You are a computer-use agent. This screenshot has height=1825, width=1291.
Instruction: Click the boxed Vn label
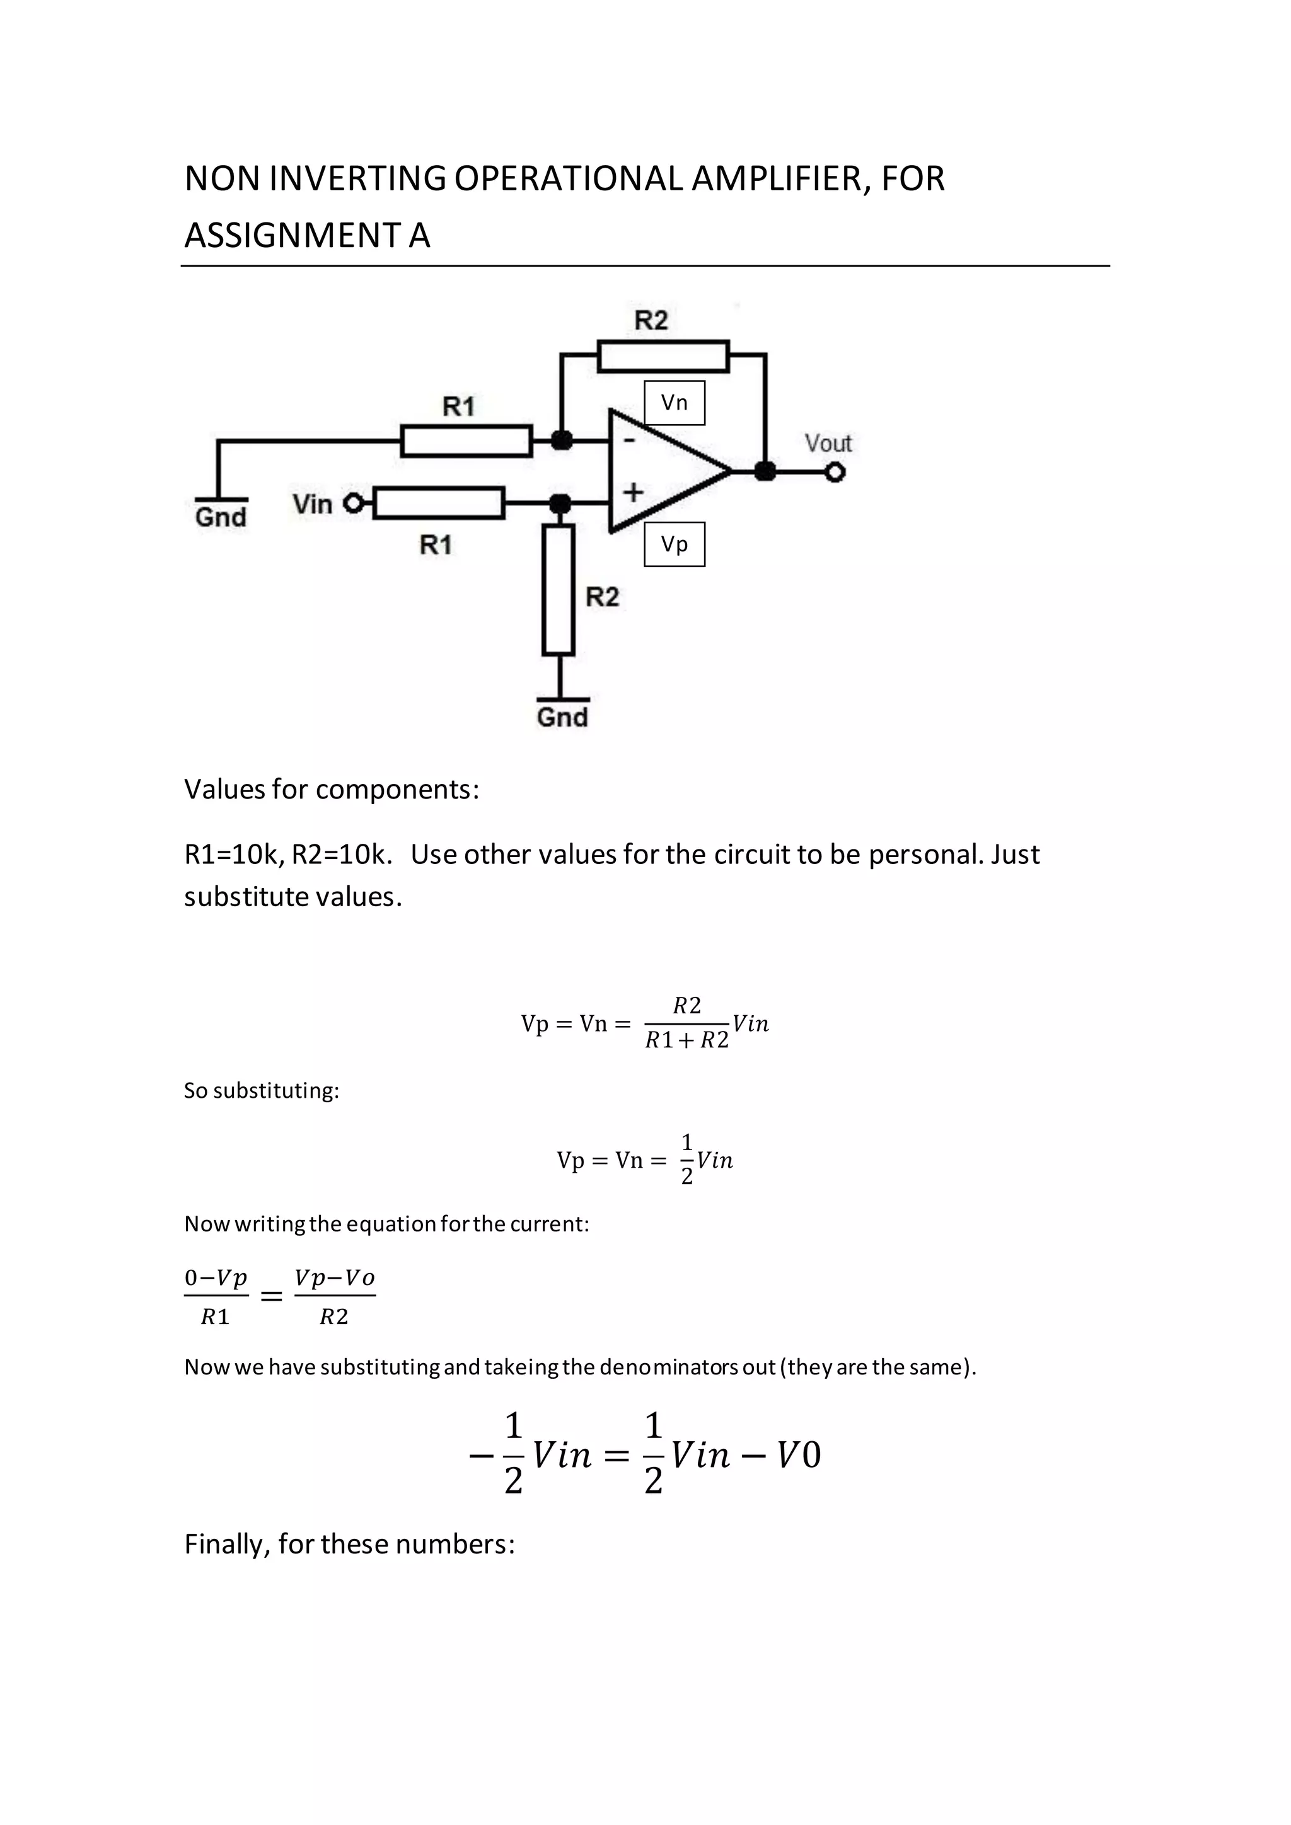pyautogui.click(x=674, y=403)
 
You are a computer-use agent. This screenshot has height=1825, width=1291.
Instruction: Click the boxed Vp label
pyautogui.click(x=674, y=544)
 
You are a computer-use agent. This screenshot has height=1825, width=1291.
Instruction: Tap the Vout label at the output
pyautogui.click(x=828, y=443)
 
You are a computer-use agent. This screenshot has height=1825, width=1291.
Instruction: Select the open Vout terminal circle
pyautogui.click(x=835, y=473)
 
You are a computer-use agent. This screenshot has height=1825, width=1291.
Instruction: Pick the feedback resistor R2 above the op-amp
pyautogui.click(x=663, y=356)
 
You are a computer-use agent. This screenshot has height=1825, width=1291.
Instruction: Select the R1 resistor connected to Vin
pyautogui.click(x=439, y=503)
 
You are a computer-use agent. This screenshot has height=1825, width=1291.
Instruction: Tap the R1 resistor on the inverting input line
pyautogui.click(x=466, y=440)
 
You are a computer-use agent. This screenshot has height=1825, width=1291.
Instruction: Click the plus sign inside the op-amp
pyautogui.click(x=633, y=493)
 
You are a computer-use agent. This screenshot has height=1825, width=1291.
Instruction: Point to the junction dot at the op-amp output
pyautogui.click(x=765, y=471)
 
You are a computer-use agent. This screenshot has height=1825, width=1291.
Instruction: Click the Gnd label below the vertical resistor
pyautogui.click(x=562, y=717)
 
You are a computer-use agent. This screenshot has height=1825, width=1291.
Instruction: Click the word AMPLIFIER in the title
pyautogui.click(x=776, y=179)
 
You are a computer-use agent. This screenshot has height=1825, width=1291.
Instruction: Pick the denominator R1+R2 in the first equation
pyautogui.click(x=687, y=1040)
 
